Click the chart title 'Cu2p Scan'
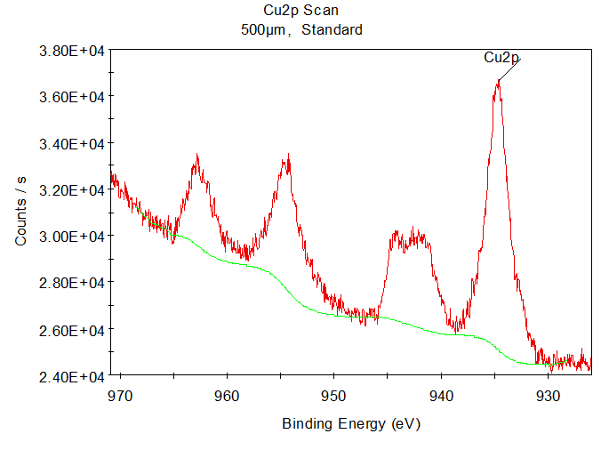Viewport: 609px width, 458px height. click(x=301, y=12)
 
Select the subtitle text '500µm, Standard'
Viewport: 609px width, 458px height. click(x=301, y=29)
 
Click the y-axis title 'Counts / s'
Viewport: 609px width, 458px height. click(x=21, y=212)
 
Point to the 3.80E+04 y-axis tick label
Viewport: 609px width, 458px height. click(x=72, y=51)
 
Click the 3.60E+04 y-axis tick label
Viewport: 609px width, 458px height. click(x=72, y=97)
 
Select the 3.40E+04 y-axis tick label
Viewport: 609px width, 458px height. click(x=72, y=143)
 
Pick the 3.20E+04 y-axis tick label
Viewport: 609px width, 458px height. click(x=72, y=190)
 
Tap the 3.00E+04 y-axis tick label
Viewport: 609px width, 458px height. click(x=72, y=237)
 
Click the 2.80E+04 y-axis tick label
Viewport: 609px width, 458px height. click(x=72, y=283)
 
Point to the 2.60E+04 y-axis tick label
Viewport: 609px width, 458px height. click(x=72, y=330)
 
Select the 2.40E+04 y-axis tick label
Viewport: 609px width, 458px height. click(x=72, y=376)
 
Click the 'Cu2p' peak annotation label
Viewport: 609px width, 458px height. click(x=501, y=58)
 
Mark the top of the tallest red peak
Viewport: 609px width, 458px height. click(x=498, y=81)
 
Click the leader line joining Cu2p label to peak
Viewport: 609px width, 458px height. click(x=509, y=69)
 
